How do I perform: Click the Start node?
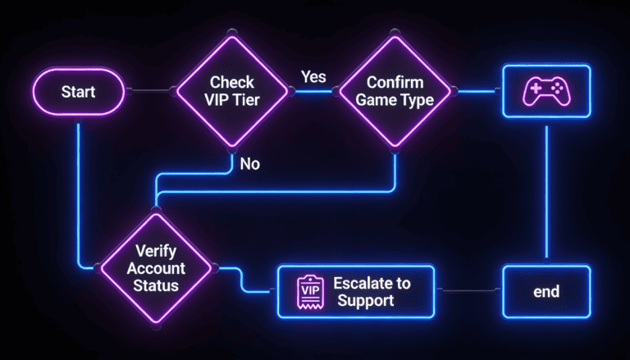coord(78,91)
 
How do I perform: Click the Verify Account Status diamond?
coord(155,267)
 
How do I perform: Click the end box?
coord(546,291)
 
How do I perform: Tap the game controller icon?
coord(546,91)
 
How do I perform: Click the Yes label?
coord(313,77)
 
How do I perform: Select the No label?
coord(250,164)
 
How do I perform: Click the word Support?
coord(366,301)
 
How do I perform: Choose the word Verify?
coord(155,253)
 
